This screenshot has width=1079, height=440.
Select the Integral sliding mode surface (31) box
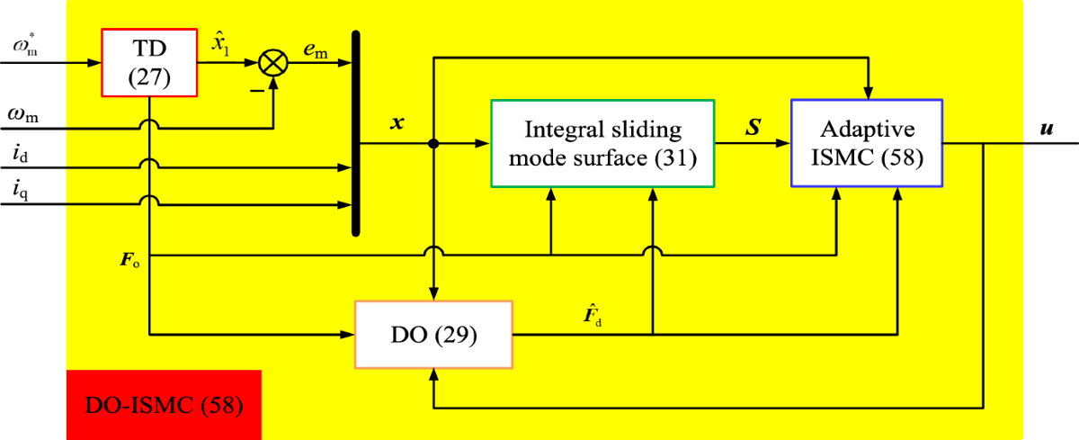(602, 143)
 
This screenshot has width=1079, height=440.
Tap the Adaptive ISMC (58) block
(867, 143)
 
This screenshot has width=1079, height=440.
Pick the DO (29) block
(433, 335)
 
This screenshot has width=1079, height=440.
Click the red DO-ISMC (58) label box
(163, 404)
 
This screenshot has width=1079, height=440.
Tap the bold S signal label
(753, 127)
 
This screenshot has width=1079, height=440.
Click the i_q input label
(22, 191)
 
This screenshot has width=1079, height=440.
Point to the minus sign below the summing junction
(254, 92)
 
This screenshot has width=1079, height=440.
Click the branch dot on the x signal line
(434, 143)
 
